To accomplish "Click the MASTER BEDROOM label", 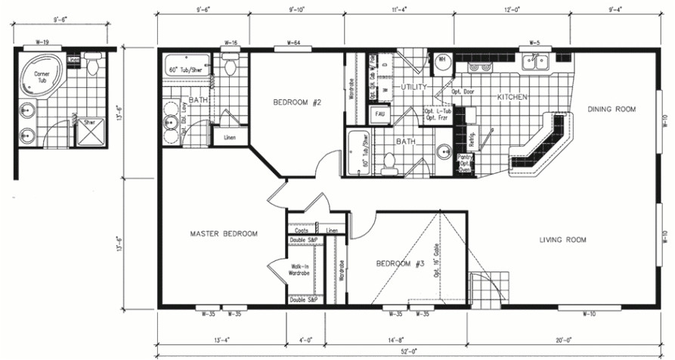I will [223, 234].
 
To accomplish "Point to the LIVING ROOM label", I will [562, 240].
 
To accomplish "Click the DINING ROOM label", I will [612, 109].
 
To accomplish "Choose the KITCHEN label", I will [512, 98].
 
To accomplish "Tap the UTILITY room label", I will [414, 88].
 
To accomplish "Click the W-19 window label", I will [42, 43].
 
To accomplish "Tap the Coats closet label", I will [302, 230].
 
